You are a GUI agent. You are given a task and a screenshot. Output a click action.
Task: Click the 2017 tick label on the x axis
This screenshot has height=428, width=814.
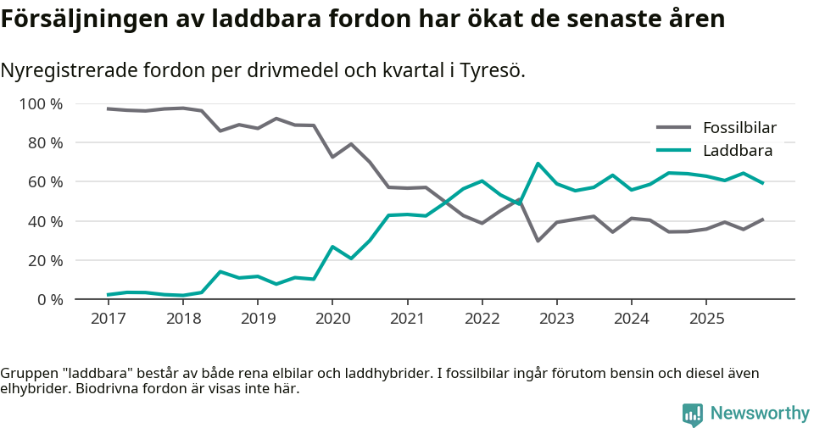[108, 319]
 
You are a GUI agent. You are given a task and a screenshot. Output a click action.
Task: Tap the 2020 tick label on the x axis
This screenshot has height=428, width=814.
[332, 319]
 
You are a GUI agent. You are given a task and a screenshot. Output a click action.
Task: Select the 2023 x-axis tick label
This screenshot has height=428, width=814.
[556, 319]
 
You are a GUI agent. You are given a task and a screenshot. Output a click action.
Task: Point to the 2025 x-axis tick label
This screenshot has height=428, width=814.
[706, 319]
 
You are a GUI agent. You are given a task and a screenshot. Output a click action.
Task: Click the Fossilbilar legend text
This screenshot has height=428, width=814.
[739, 129]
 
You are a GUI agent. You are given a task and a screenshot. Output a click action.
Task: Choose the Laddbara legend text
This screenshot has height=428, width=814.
[737, 151]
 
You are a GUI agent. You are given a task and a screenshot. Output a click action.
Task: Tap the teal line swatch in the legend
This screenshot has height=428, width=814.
[674, 151]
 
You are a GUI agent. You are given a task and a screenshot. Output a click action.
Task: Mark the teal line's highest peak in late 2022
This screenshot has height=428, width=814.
[538, 164]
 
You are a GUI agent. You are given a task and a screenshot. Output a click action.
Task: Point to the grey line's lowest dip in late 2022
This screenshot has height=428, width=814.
[538, 241]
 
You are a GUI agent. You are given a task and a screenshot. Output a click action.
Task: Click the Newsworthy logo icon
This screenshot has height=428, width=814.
[693, 414]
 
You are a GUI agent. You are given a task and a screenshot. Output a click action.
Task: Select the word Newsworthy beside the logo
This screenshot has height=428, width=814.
[760, 414]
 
